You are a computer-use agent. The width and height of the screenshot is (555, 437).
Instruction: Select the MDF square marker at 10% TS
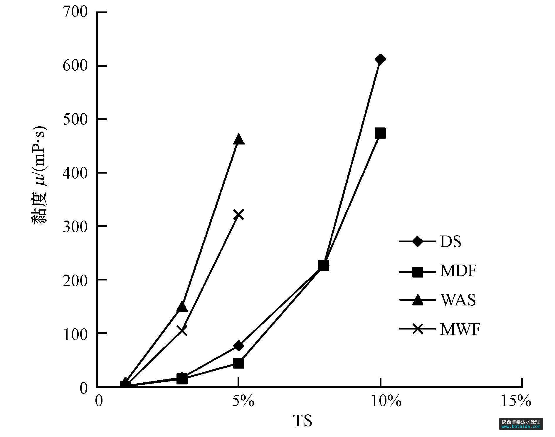[380, 133]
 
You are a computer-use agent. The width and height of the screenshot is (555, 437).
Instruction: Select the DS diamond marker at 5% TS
[239, 346]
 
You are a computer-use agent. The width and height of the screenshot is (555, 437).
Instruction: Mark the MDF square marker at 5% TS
[239, 363]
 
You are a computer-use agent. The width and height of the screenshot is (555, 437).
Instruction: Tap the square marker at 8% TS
[324, 265]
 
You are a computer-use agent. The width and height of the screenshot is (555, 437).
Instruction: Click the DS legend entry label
[450, 242]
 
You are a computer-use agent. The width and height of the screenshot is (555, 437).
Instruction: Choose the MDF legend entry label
[458, 271]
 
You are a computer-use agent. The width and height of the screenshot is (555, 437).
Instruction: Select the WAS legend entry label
[458, 300]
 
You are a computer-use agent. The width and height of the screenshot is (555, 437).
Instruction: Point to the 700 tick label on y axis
[75, 12]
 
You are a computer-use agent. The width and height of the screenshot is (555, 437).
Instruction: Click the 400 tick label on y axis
[75, 173]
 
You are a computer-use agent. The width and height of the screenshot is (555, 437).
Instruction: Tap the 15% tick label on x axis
[516, 401]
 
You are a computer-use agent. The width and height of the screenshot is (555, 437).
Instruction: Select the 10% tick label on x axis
[386, 401]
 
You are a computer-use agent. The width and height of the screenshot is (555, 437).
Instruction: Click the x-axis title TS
[303, 421]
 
